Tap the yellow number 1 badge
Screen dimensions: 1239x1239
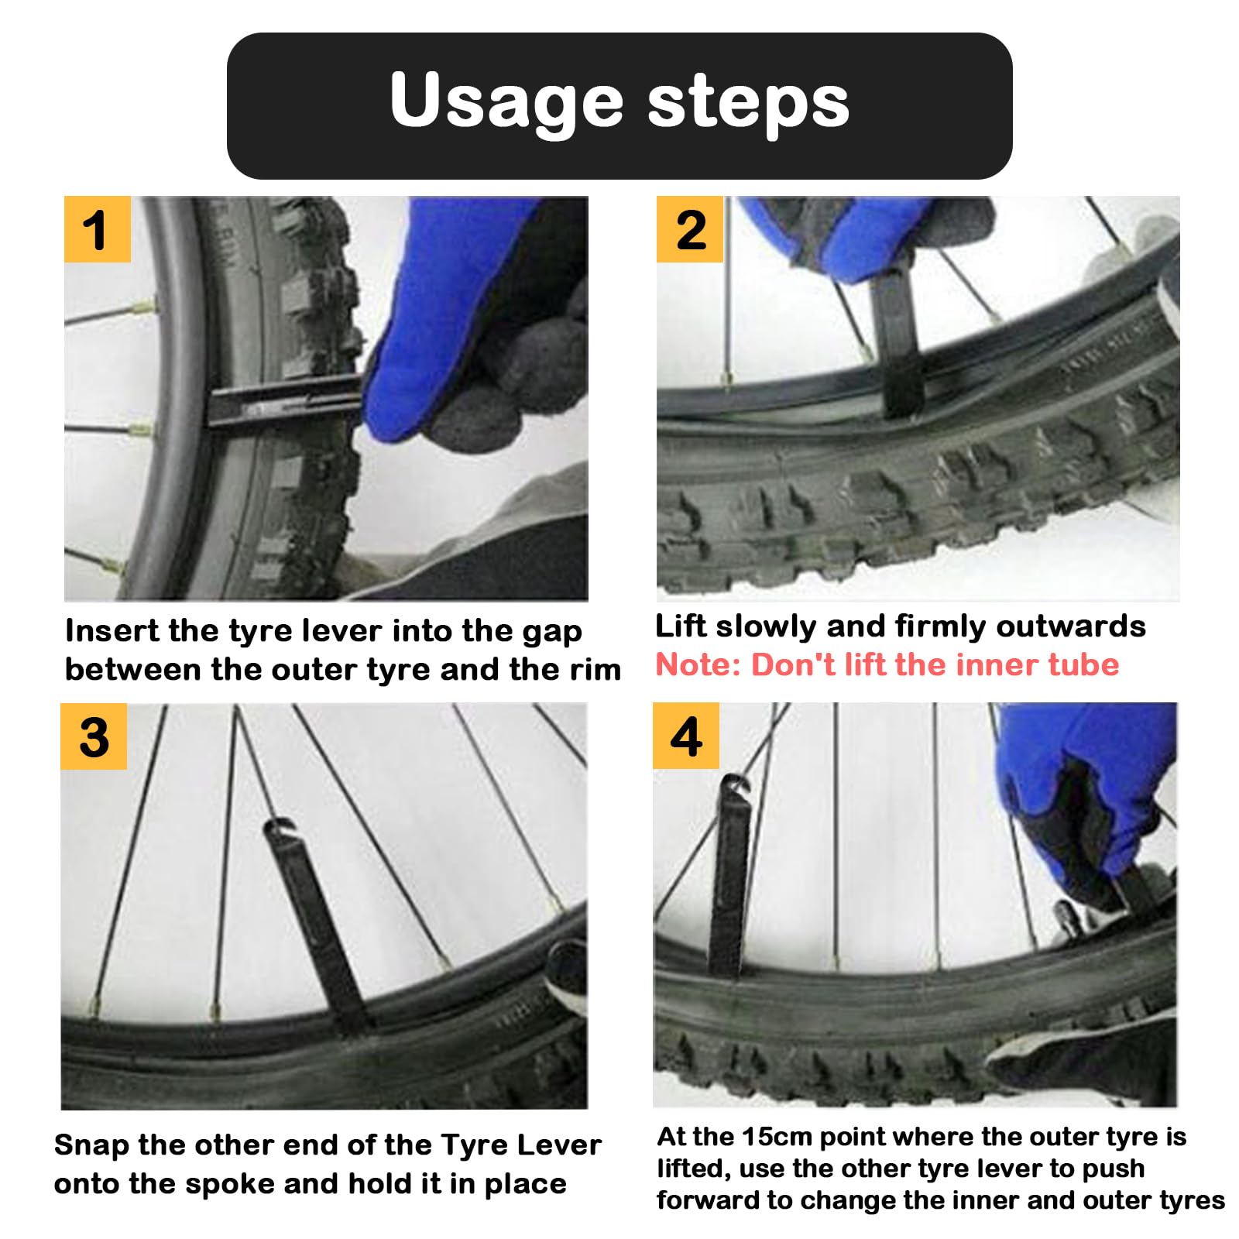click(97, 229)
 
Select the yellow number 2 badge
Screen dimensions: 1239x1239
click(689, 229)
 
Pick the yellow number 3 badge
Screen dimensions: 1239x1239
click(94, 736)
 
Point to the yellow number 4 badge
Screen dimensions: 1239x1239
click(686, 736)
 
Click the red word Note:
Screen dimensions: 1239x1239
click(698, 665)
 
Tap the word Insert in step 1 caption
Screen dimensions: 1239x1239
click(112, 630)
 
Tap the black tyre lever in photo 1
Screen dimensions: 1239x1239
click(287, 400)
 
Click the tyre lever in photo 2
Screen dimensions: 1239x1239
click(898, 341)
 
